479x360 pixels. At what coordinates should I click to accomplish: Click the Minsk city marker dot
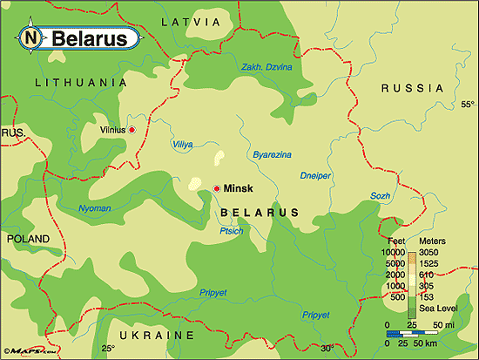217,188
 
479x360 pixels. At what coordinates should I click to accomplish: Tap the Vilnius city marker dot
132,130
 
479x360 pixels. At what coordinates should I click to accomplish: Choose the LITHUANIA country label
75,82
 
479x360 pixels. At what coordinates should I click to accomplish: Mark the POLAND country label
29,237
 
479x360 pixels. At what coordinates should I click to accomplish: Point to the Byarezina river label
272,154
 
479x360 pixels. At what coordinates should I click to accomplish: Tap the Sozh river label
380,196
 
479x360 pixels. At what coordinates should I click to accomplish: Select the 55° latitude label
466,105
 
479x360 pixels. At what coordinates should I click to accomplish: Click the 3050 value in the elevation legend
433,252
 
